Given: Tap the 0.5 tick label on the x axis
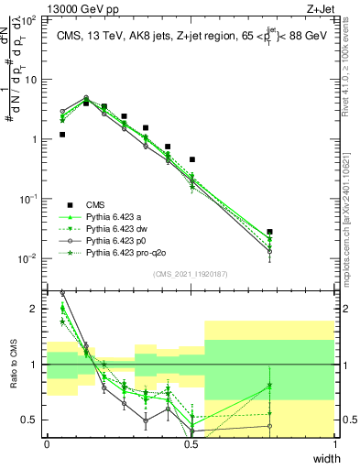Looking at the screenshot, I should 191,444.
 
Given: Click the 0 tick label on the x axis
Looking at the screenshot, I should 47,444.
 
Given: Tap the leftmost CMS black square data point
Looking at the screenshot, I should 62,135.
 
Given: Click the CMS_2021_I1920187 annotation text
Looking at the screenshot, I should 191,274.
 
